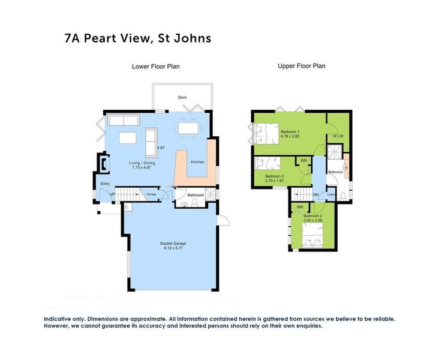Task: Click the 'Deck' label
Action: (182, 97)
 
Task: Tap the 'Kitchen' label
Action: (197, 162)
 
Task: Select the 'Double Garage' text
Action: (173, 244)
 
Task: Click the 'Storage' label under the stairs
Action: (152, 194)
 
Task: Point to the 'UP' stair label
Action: (112, 193)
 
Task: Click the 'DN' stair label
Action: (316, 195)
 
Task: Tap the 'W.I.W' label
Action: (338, 136)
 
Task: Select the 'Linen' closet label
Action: (331, 195)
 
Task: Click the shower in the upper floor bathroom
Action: (337, 156)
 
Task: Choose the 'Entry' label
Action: (105, 184)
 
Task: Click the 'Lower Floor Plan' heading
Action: (155, 67)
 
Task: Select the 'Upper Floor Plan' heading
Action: (301, 66)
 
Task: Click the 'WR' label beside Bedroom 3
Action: (303, 161)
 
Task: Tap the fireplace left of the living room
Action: (103, 162)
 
